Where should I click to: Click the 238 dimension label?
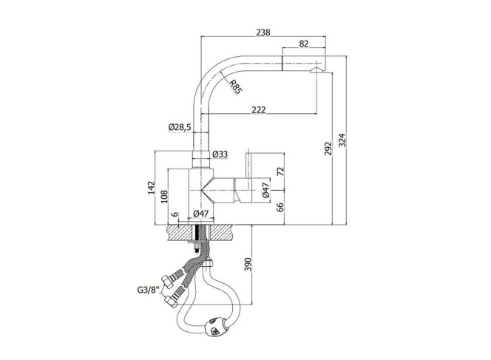pyautogui.click(x=263, y=33)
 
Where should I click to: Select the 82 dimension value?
pyautogui.click(x=304, y=44)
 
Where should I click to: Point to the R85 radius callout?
pyautogui.click(x=236, y=87)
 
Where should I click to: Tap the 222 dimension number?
pyautogui.click(x=259, y=109)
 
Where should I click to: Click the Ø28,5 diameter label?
pyautogui.click(x=180, y=127)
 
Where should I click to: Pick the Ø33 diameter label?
pyautogui.click(x=220, y=154)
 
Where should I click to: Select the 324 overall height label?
pyautogui.click(x=342, y=140)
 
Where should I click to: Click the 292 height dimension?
pyautogui.click(x=328, y=149)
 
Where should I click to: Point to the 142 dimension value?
pyautogui.click(x=152, y=188)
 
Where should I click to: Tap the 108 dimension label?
pyautogui.click(x=164, y=197)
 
